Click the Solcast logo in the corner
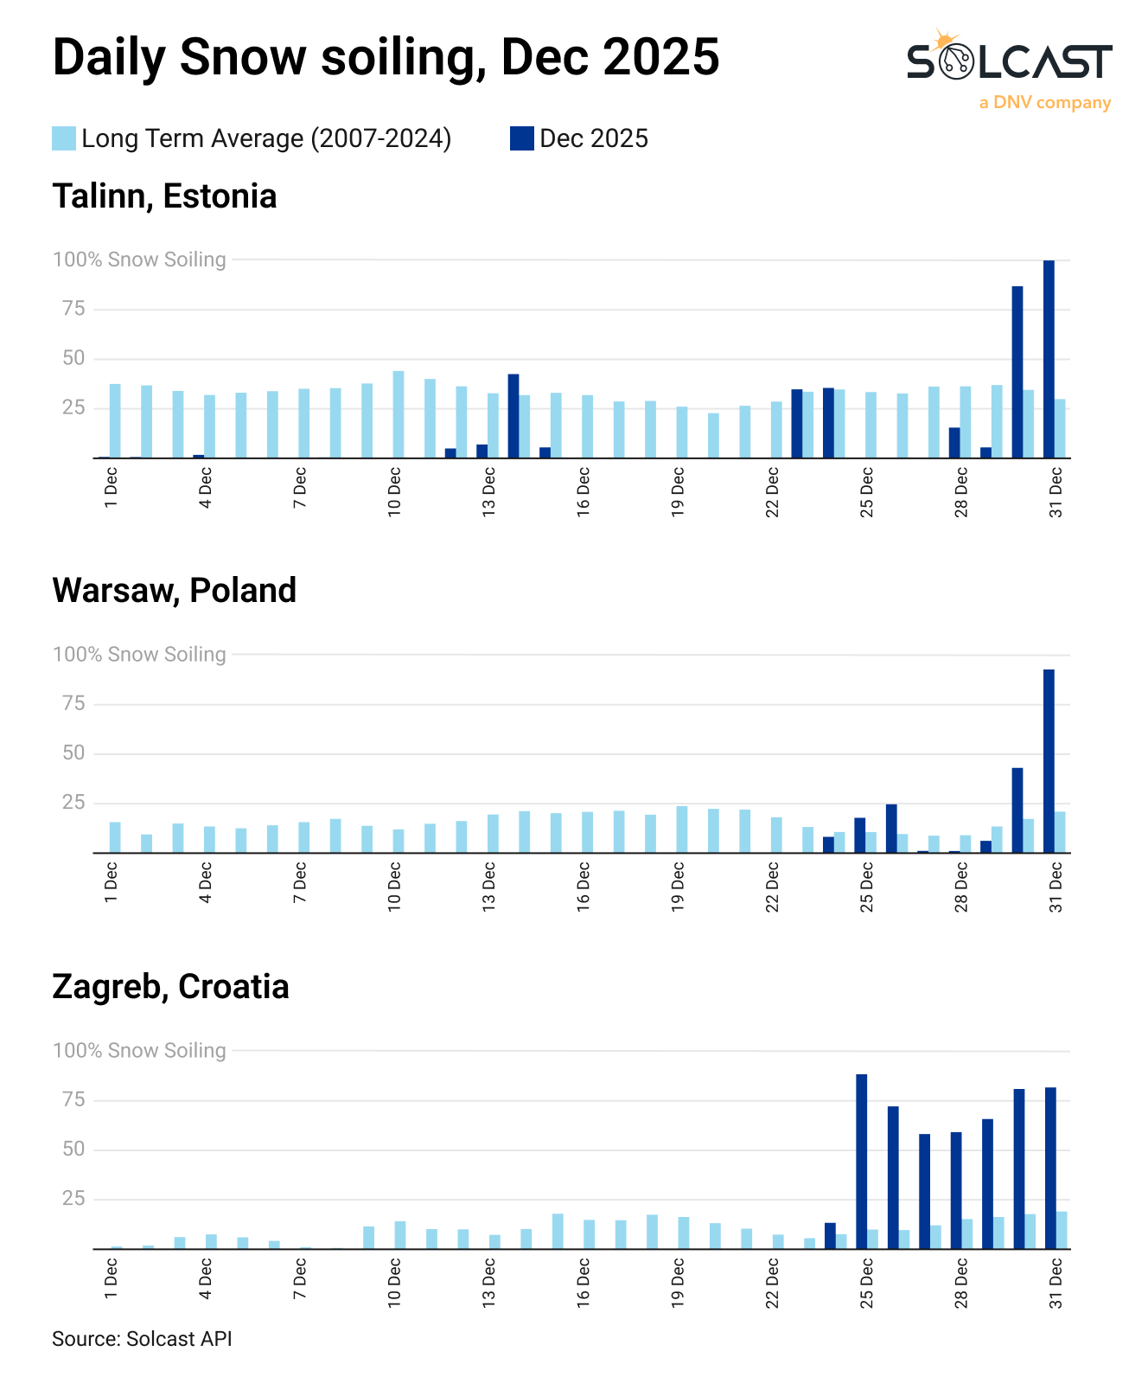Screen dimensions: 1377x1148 [1009, 62]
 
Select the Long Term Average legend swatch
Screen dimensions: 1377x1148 [64, 138]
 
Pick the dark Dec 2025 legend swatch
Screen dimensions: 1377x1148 [521, 138]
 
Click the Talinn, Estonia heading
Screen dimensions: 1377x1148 [164, 196]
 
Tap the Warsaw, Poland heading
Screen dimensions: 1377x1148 [174, 591]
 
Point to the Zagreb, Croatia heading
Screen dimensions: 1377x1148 [170, 987]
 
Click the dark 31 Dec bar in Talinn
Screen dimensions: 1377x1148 [1049, 359]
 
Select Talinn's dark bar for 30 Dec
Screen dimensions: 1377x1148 [1017, 372]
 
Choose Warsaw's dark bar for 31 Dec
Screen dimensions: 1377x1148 [1049, 761]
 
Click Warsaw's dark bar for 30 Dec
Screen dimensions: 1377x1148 [1017, 810]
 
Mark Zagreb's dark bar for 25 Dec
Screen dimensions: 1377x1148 [862, 1162]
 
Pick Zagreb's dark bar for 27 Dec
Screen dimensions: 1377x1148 [924, 1191]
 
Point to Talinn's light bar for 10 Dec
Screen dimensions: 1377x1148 [399, 414]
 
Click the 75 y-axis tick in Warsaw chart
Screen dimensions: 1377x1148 [73, 704]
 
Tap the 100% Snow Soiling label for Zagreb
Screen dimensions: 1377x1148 [139, 1050]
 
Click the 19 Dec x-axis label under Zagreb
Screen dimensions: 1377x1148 [678, 1283]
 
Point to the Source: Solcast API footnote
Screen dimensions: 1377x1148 [142, 1339]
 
